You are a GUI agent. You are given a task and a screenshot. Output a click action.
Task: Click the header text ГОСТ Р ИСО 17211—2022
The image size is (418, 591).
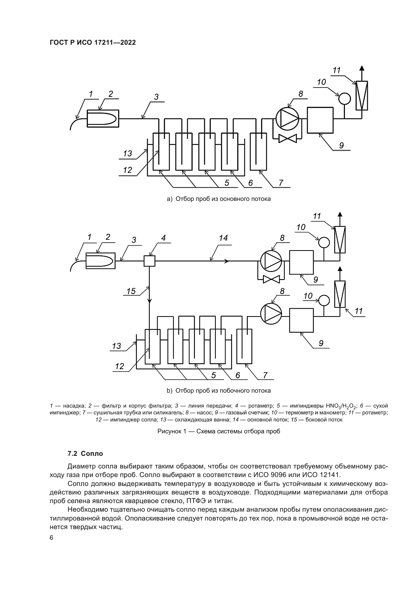(93, 43)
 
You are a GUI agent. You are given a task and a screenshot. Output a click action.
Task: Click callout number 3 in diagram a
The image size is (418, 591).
(156, 97)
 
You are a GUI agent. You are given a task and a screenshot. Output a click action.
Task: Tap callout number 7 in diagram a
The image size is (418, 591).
(281, 183)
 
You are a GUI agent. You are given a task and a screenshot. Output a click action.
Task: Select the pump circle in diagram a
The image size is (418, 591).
(287, 119)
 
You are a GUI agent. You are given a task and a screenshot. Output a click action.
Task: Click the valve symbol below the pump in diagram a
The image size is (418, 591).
(288, 139)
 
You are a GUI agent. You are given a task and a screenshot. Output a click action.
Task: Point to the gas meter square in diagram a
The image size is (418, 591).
(320, 120)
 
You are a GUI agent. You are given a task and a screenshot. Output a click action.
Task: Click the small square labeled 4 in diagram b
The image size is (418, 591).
(149, 261)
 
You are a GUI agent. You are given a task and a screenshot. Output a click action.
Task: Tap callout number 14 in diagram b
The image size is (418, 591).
(223, 238)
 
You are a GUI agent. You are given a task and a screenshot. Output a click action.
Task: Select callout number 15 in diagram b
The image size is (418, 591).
(131, 291)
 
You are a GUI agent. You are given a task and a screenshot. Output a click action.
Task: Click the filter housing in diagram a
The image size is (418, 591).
(103, 118)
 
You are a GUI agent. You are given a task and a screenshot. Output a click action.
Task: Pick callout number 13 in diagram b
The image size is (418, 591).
(117, 346)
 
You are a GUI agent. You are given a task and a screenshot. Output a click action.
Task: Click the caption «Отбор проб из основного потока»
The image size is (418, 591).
(223, 199)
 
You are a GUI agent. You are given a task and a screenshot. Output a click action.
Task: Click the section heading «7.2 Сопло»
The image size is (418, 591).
(85, 454)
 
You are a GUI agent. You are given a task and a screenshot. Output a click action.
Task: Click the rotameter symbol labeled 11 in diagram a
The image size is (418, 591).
(362, 96)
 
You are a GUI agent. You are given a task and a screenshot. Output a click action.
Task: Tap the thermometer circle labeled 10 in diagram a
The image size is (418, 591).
(344, 98)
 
